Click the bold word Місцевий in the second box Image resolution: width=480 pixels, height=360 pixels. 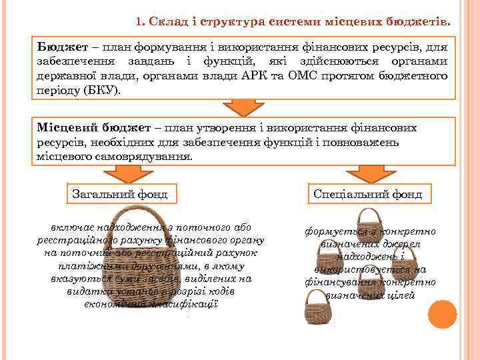coord(65,127)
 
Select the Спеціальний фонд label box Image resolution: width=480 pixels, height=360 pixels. coord(369,194)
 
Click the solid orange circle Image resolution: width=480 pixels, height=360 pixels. coord(442,314)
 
